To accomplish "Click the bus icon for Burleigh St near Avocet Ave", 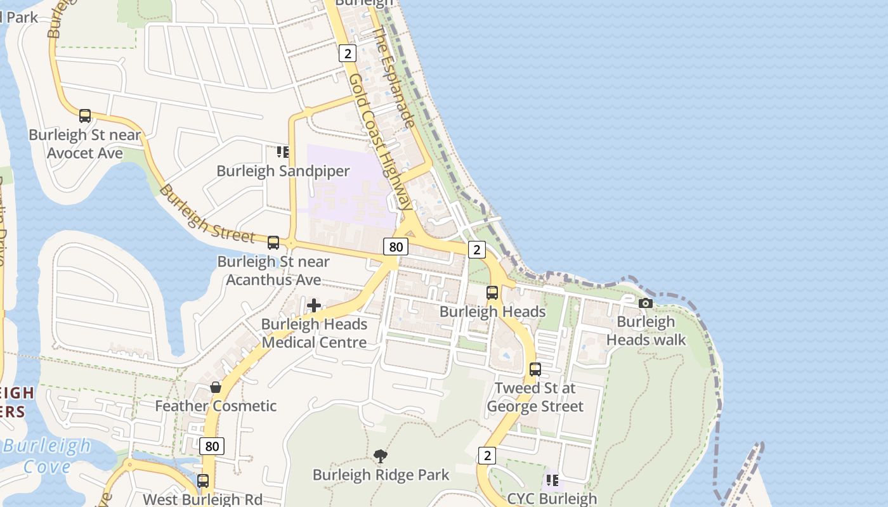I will click(x=85, y=116).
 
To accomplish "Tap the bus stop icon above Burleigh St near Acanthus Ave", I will click(x=273, y=243).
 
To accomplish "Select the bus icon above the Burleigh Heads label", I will click(x=492, y=293).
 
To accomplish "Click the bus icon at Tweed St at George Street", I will click(x=535, y=369).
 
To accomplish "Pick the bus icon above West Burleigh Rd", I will click(x=203, y=481).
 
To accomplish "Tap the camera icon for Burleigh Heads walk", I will click(x=646, y=303).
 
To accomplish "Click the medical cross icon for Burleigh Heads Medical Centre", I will click(x=314, y=306).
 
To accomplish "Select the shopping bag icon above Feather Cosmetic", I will click(x=216, y=387).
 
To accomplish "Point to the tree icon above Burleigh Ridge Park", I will click(x=381, y=456).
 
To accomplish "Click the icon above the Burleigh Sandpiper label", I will click(x=283, y=152).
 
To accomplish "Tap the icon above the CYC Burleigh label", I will click(x=552, y=480).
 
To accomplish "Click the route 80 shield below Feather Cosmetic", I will click(x=212, y=446).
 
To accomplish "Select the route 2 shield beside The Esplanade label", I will click(x=347, y=53).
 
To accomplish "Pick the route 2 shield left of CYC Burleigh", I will click(x=486, y=455).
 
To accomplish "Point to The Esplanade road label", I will click(x=394, y=76).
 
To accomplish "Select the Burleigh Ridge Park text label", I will click(x=381, y=475).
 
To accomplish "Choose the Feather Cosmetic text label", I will click(x=216, y=406).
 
